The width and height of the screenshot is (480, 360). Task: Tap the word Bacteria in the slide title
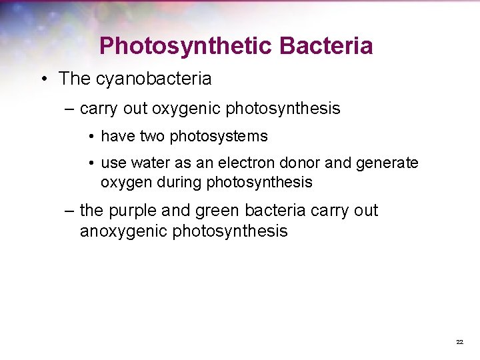(326, 46)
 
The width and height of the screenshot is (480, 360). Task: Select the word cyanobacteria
(154, 79)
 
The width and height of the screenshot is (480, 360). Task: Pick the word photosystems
(219, 137)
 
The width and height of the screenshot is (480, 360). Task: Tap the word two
(153, 137)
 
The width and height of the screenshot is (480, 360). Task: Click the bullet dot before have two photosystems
(91, 137)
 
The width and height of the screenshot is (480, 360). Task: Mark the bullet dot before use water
(91, 163)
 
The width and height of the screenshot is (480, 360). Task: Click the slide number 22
(459, 341)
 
